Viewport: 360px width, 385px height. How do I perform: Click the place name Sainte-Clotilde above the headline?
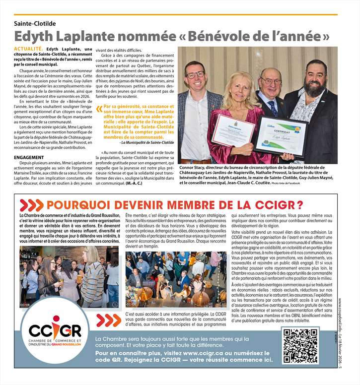(x=35, y=23)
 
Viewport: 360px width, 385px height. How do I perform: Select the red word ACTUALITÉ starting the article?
(x=28, y=49)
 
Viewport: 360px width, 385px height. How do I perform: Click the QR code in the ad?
(x=300, y=346)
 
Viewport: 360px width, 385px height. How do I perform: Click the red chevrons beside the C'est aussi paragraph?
(x=108, y=320)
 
